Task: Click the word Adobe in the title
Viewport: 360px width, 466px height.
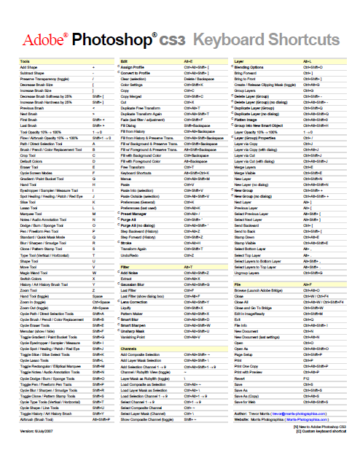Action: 43,38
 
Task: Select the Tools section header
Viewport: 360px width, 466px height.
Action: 26,61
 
